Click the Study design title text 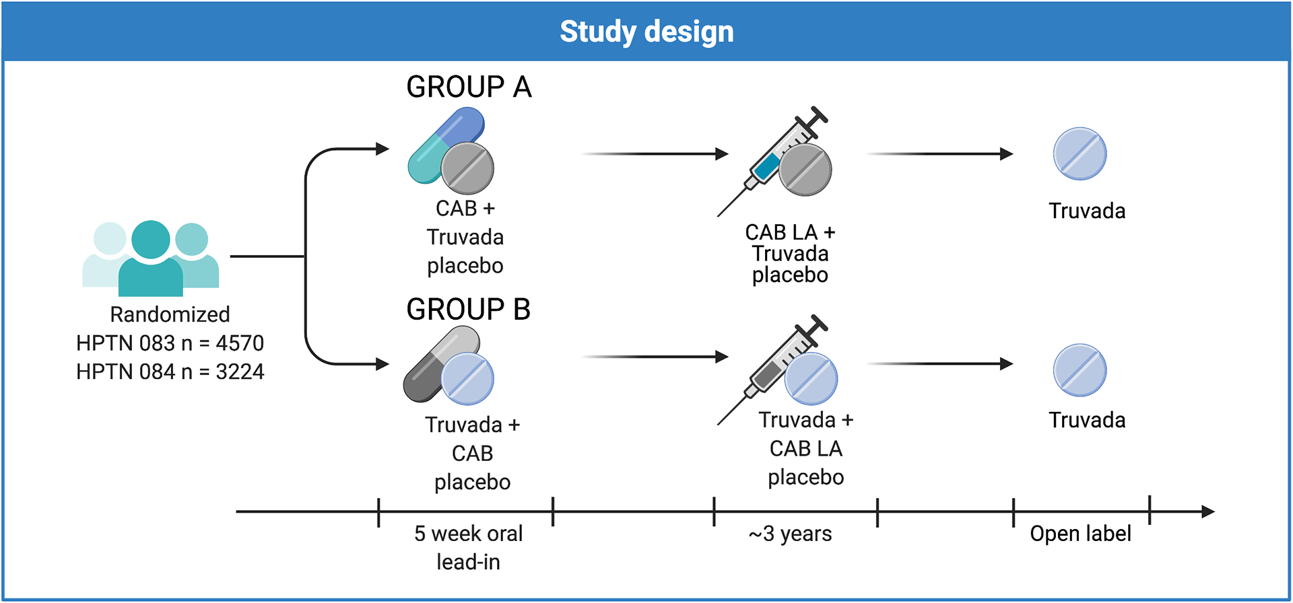click(x=646, y=32)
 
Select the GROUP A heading click(x=469, y=87)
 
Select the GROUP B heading click(x=468, y=310)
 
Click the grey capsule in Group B click(x=431, y=367)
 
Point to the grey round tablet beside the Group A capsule click(x=467, y=168)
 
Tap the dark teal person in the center click(x=150, y=259)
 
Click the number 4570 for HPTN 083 click(x=240, y=343)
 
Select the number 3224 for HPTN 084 click(x=240, y=371)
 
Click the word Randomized click(x=170, y=314)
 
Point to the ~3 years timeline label click(x=790, y=534)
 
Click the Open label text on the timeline click(x=1080, y=534)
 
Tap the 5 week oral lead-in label click(x=468, y=547)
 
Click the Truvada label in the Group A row click(x=1086, y=211)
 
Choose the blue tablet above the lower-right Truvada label click(x=1080, y=370)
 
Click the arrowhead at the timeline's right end click(x=1208, y=511)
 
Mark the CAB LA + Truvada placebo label click(x=790, y=254)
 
